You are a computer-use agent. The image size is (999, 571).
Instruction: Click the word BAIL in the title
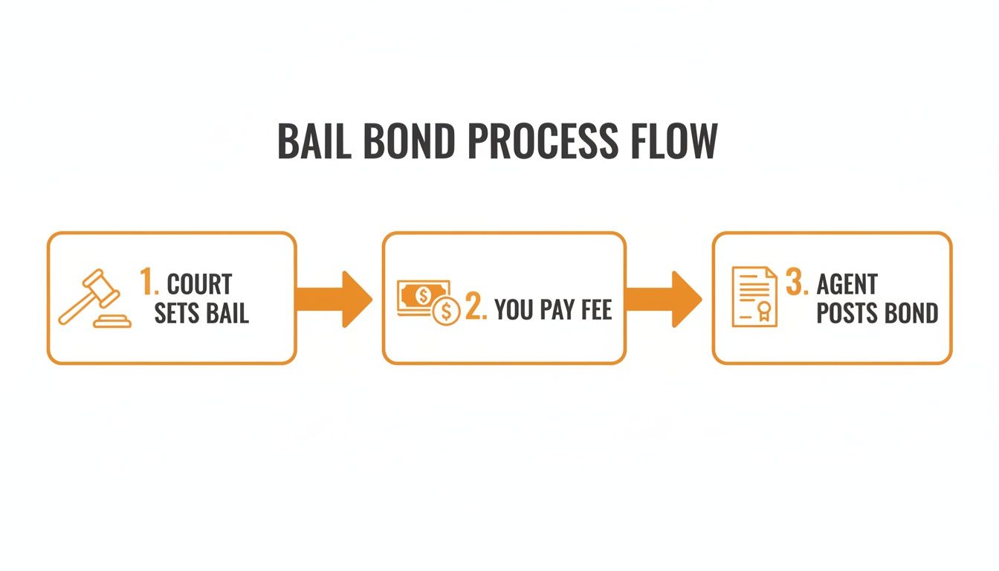click(314, 141)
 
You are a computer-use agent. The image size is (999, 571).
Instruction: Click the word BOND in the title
click(410, 141)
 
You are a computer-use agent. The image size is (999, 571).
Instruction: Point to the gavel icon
click(94, 298)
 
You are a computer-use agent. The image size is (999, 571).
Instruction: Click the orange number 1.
click(149, 282)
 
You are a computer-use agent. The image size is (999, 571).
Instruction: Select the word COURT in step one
click(199, 284)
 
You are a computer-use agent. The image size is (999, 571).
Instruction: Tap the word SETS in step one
click(176, 313)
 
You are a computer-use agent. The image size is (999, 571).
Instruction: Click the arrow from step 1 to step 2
click(334, 299)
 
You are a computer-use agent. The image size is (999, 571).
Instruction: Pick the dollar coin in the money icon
click(446, 311)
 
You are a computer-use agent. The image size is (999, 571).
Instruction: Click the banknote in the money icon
click(421, 296)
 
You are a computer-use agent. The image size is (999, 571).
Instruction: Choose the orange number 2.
click(476, 306)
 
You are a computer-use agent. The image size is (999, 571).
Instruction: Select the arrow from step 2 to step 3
click(664, 299)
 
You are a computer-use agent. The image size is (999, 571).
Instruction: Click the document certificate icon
click(754, 297)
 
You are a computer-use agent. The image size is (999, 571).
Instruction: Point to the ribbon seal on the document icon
click(763, 311)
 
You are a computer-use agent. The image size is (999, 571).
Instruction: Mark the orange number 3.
click(797, 282)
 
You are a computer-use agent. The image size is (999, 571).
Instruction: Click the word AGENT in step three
click(847, 284)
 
